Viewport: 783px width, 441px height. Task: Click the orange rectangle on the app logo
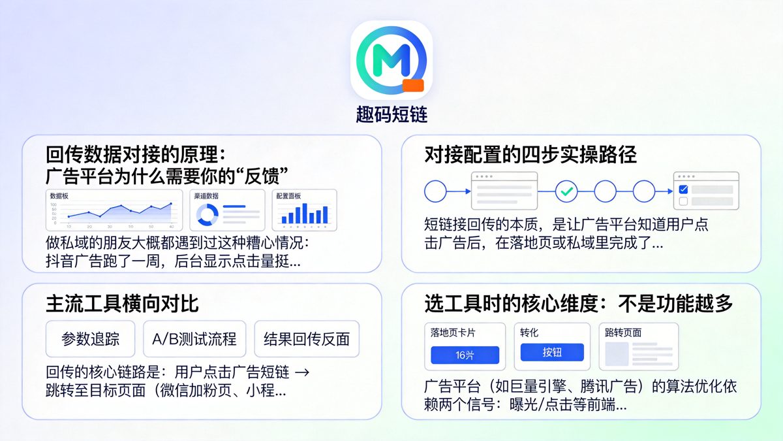414,86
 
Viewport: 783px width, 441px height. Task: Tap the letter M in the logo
390,60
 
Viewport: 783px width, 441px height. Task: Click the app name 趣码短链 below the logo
391,115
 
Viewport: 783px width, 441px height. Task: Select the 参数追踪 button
90,339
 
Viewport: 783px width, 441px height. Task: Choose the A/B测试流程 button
194,339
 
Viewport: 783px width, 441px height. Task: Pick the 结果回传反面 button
307,339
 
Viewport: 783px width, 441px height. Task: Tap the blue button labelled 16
465,355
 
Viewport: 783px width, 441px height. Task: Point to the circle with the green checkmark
567,191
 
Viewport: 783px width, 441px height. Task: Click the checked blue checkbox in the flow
683,189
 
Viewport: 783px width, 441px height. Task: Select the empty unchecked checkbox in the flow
683,201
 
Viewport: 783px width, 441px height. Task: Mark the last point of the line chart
171,204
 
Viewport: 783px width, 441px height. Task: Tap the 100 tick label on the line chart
54,204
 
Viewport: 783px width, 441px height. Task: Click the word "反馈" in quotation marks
265,175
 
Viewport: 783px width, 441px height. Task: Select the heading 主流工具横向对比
122,304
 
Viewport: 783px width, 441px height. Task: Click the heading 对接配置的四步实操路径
530,154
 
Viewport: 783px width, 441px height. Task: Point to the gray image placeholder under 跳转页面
617,353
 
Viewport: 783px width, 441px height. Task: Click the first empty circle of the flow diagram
435,191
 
